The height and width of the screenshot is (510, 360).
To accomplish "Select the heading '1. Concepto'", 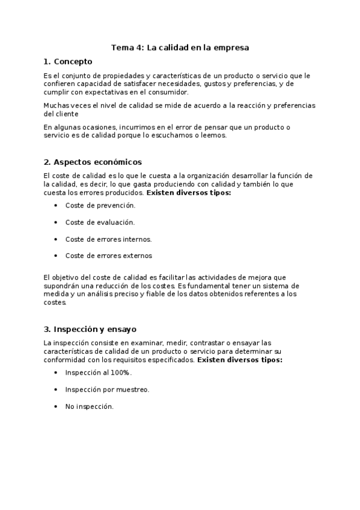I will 68,61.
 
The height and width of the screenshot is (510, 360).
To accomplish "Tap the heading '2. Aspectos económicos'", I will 93,162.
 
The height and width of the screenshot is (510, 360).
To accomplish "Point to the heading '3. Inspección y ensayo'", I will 90,329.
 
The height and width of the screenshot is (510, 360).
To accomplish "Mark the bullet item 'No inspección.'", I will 89,407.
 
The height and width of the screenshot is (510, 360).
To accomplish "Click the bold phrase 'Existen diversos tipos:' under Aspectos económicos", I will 189,193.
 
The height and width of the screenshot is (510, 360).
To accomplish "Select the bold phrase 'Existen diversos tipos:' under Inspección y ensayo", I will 240,360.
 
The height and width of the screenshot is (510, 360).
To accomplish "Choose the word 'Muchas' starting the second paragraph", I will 56,105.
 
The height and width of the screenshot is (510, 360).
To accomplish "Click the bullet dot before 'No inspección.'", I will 55,407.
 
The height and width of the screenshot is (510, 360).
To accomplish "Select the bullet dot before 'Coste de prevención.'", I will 55,205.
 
